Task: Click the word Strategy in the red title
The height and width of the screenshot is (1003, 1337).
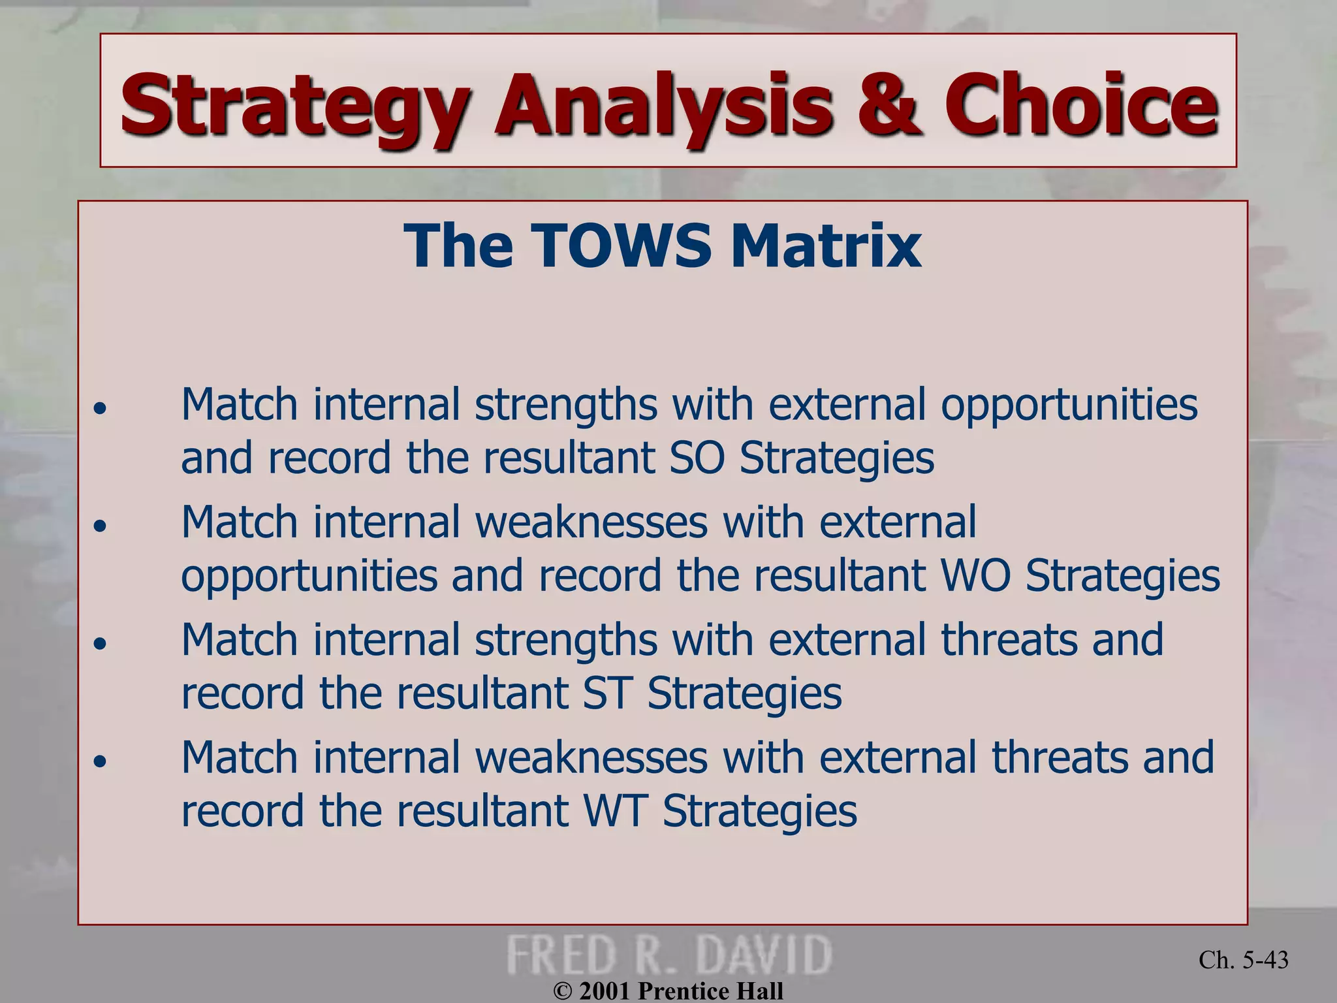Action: [x=294, y=108]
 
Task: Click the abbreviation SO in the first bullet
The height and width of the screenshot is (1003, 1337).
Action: [x=697, y=458]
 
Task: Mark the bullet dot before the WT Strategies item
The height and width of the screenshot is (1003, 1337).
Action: [x=99, y=761]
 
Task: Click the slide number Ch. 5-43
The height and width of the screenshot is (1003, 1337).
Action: [x=1243, y=960]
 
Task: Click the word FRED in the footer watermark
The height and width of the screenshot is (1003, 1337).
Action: [x=561, y=955]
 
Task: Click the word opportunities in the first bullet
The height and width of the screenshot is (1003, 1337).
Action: [x=1069, y=405]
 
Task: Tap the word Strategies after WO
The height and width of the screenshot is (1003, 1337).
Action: [x=1122, y=576]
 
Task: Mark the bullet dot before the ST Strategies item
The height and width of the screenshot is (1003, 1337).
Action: [x=99, y=644]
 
